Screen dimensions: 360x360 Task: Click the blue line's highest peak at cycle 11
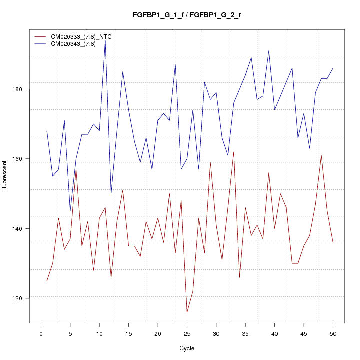(105, 40)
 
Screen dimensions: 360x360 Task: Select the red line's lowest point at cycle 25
(187, 312)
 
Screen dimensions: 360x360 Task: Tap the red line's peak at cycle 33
(234, 152)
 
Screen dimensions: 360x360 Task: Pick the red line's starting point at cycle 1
(47, 281)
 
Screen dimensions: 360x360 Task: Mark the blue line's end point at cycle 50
(333, 68)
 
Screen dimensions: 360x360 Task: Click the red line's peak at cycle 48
(321, 155)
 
